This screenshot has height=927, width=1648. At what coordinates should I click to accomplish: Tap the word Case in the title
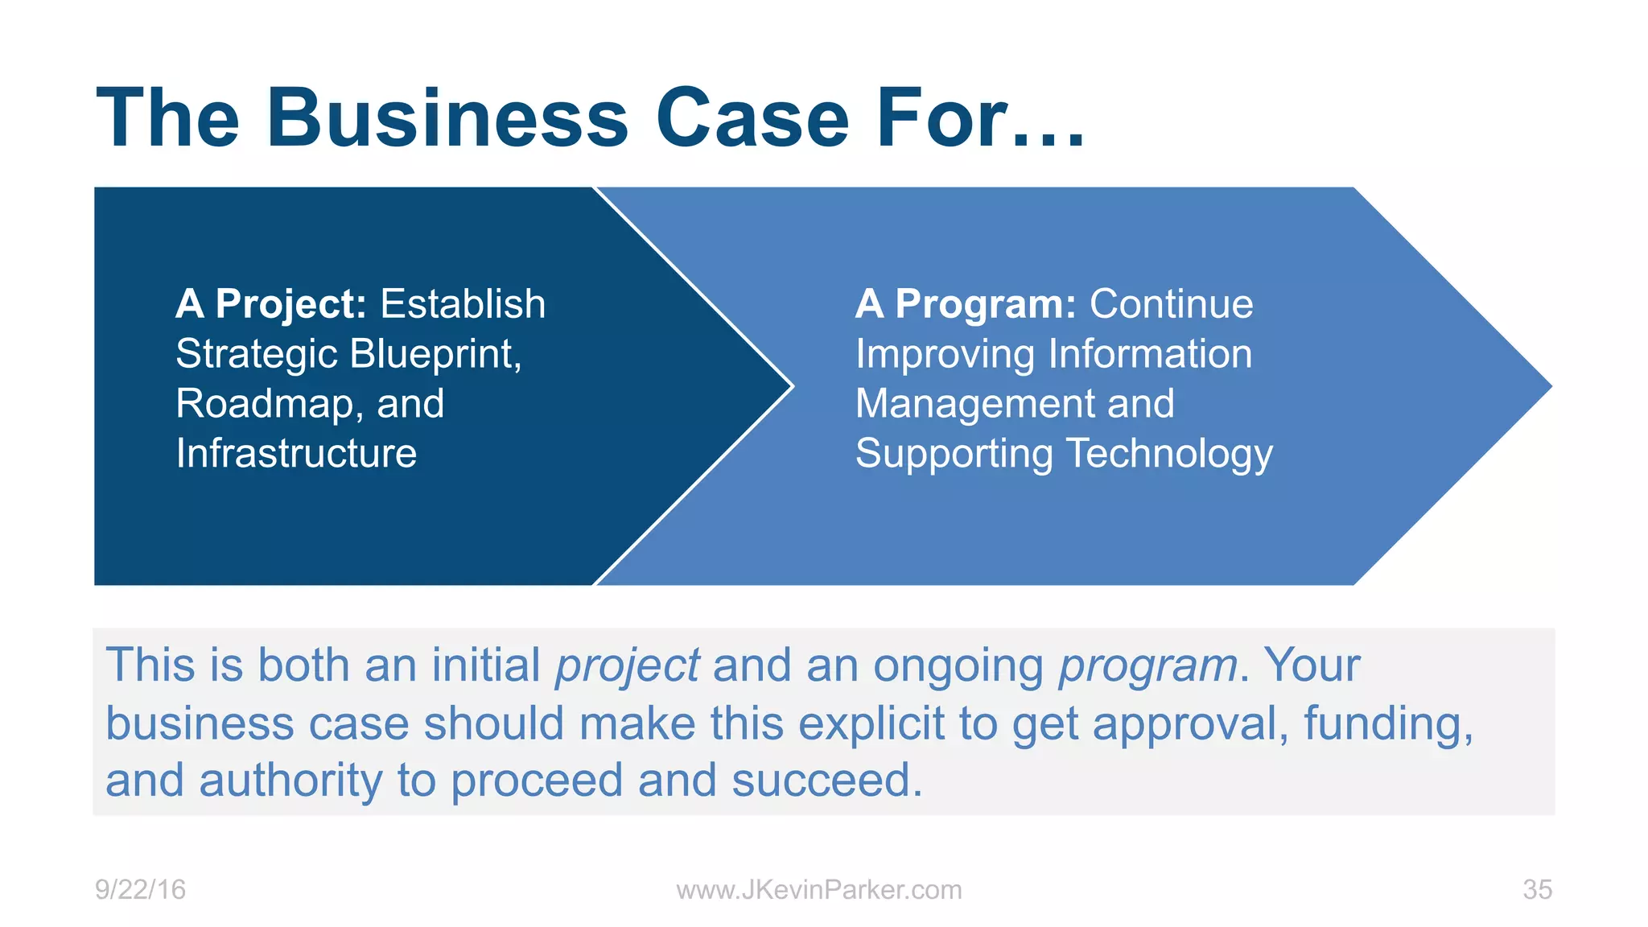[752, 118]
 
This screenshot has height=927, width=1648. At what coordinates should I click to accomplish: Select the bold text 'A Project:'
[271, 304]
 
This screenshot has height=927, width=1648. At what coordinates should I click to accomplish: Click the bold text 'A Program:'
[965, 304]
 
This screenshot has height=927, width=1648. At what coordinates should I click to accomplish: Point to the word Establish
[463, 304]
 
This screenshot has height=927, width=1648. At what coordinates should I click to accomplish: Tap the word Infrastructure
[296, 454]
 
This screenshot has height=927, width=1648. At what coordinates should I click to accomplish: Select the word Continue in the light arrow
[1171, 304]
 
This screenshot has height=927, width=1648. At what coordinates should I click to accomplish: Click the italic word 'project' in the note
[627, 666]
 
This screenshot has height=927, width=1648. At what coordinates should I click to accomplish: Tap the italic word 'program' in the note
[1147, 666]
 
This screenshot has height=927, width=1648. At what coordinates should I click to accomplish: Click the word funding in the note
[1387, 723]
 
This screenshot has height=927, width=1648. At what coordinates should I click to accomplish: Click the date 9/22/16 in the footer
[140, 890]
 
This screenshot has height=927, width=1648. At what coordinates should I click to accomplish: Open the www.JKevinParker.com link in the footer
[818, 890]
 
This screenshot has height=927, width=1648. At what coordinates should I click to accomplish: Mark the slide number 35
[1537, 890]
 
